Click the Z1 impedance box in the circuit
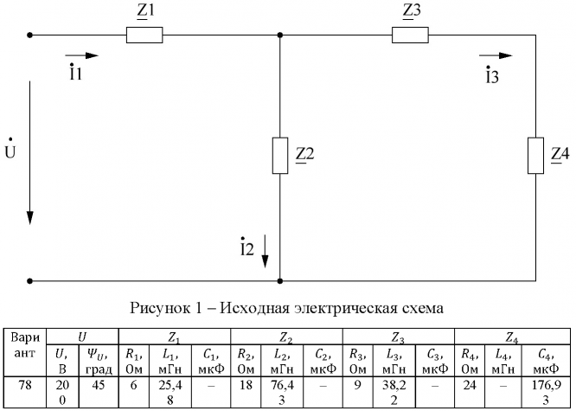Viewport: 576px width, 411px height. pyautogui.click(x=144, y=35)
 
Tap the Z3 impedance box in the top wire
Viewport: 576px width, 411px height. pyautogui.click(x=410, y=35)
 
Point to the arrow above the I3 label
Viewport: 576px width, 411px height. pyautogui.click(x=495, y=55)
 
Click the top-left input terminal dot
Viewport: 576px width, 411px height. pyautogui.click(x=30, y=35)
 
